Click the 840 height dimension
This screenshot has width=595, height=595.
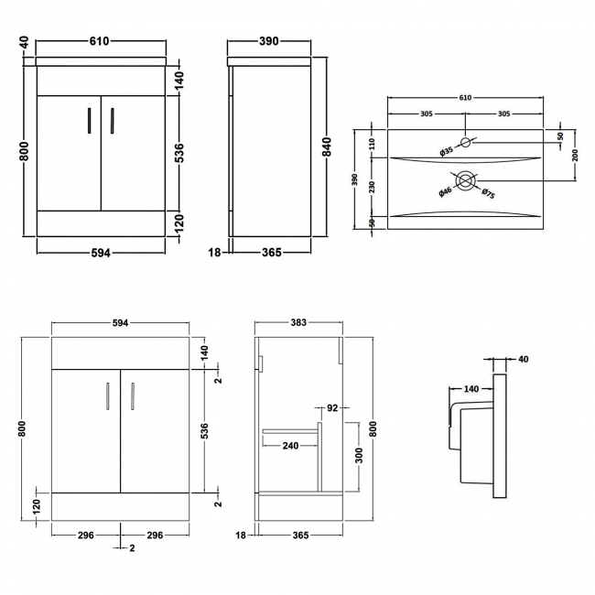pyautogui.click(x=326, y=147)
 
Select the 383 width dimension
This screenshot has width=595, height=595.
pyautogui.click(x=297, y=322)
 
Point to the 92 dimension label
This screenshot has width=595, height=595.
pyautogui.click(x=332, y=408)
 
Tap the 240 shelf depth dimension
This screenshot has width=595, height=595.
pyautogui.click(x=290, y=446)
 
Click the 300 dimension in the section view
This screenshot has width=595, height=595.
pyautogui.click(x=361, y=455)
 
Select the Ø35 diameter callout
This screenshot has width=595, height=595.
pyautogui.click(x=446, y=150)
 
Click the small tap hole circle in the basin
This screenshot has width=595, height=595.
pyautogui.click(x=466, y=142)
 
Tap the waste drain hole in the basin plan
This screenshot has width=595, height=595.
pyautogui.click(x=466, y=181)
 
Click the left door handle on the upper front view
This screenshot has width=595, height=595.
pyautogui.click(x=89, y=122)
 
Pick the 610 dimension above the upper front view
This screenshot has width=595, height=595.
pyautogui.click(x=100, y=41)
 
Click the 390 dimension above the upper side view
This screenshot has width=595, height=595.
pyautogui.click(x=268, y=41)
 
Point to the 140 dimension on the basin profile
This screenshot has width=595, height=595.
pyautogui.click(x=471, y=389)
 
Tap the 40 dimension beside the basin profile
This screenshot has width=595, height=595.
pyautogui.click(x=523, y=359)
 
